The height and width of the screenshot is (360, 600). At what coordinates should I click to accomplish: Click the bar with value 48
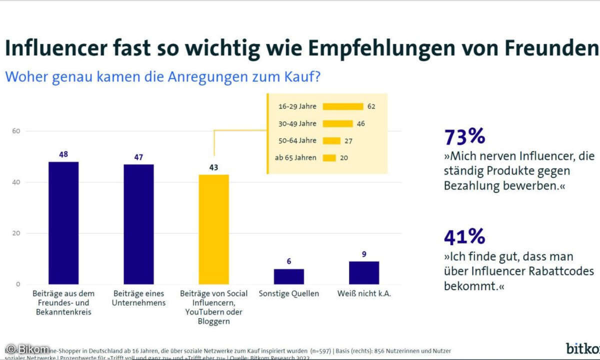[63, 223]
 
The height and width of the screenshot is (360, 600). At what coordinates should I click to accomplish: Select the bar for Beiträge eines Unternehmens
[138, 224]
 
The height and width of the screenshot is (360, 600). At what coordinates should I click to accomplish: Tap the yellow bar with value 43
[214, 229]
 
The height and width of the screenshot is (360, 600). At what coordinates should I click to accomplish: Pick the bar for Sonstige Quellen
[288, 276]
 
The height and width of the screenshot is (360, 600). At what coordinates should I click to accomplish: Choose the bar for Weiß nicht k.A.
[364, 272]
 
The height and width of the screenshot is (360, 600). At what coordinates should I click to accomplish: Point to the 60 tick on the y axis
[16, 131]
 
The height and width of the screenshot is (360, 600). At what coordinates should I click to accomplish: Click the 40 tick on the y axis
[16, 182]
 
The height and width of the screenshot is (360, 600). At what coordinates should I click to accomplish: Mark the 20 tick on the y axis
[16, 233]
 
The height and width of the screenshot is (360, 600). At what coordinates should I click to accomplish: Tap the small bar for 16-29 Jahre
[343, 106]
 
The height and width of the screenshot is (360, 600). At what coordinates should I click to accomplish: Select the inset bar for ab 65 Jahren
[329, 158]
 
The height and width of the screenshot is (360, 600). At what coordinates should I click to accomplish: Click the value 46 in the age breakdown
[361, 123]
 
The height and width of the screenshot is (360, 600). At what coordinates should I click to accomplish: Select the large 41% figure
[464, 236]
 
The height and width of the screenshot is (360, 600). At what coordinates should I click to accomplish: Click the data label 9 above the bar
[364, 254]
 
